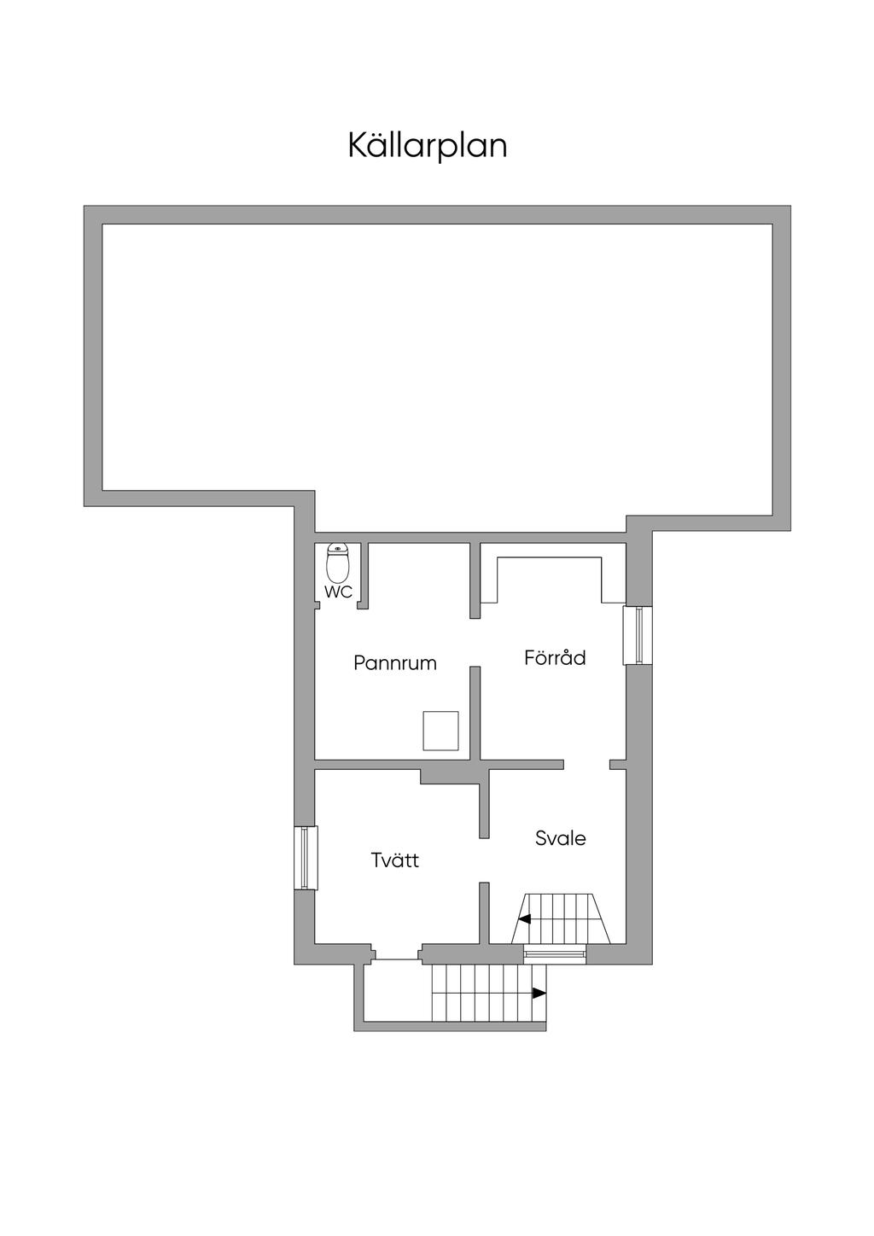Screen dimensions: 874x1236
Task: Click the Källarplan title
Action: (427, 146)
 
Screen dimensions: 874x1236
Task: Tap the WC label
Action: (338, 592)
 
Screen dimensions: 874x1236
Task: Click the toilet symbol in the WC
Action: (337, 561)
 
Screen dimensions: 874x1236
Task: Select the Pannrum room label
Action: (395, 662)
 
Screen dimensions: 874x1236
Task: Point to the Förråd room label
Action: (555, 658)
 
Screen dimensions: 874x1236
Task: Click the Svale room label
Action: (560, 838)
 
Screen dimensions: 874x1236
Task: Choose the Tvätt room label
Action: (394, 860)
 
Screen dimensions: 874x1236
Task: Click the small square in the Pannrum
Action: (441, 731)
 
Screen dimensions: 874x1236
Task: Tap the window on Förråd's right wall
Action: (638, 635)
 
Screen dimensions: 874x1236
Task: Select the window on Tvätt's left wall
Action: (306, 858)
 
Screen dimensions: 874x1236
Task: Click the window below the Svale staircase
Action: (555, 953)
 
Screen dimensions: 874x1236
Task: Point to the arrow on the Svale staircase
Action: (524, 919)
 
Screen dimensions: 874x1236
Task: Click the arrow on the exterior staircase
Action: (539, 994)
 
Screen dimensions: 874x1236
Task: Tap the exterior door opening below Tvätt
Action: (397, 954)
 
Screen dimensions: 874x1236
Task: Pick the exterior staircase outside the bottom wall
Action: (489, 994)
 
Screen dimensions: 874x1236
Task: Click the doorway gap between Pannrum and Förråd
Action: (475, 642)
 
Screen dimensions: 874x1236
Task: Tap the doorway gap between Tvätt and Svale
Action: (484, 860)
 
